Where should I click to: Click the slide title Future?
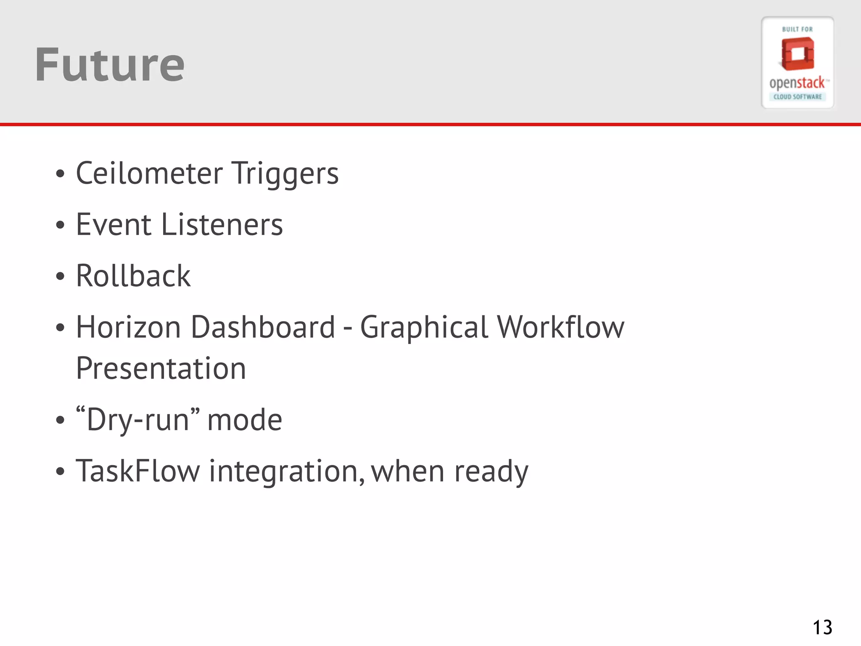click(109, 65)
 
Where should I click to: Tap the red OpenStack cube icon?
click(798, 54)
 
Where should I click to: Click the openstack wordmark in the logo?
click(797, 83)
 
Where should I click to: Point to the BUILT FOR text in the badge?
click(798, 29)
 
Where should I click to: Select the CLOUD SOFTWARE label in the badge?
click(798, 97)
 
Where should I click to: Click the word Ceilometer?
click(149, 173)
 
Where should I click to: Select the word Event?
click(114, 225)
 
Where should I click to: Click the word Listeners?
click(222, 225)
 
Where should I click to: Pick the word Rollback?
click(133, 276)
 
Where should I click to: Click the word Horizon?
click(128, 327)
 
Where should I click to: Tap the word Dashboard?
click(263, 327)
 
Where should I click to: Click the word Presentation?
click(161, 368)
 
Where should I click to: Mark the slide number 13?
click(822, 627)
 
